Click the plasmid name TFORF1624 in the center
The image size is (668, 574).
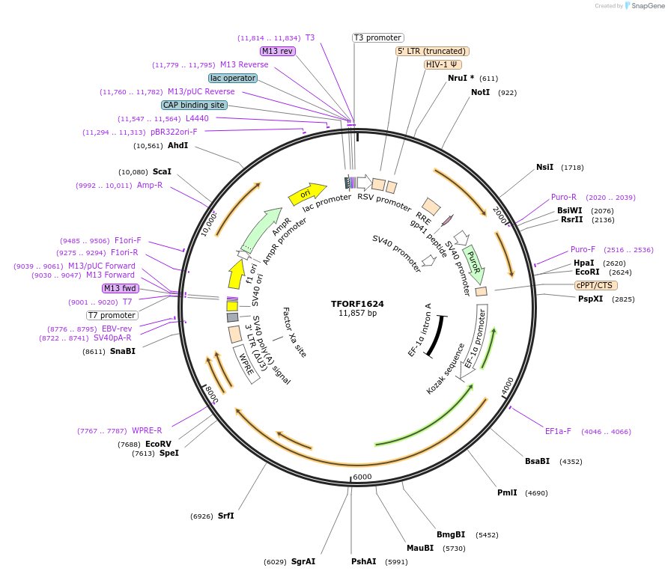357,304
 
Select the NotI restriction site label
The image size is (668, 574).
481,92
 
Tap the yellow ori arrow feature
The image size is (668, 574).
307,194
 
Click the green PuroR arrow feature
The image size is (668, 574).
473,263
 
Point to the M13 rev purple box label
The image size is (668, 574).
278,51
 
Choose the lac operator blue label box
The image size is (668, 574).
233,78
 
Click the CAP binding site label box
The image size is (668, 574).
193,106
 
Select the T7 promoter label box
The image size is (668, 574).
112,315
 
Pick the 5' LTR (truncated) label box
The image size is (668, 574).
432,51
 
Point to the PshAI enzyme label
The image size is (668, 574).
364,561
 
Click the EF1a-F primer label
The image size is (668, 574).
558,431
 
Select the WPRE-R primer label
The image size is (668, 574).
147,430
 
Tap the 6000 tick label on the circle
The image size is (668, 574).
362,477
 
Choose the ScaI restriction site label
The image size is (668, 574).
162,171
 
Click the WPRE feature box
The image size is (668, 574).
246,364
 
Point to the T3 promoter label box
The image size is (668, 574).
377,37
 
